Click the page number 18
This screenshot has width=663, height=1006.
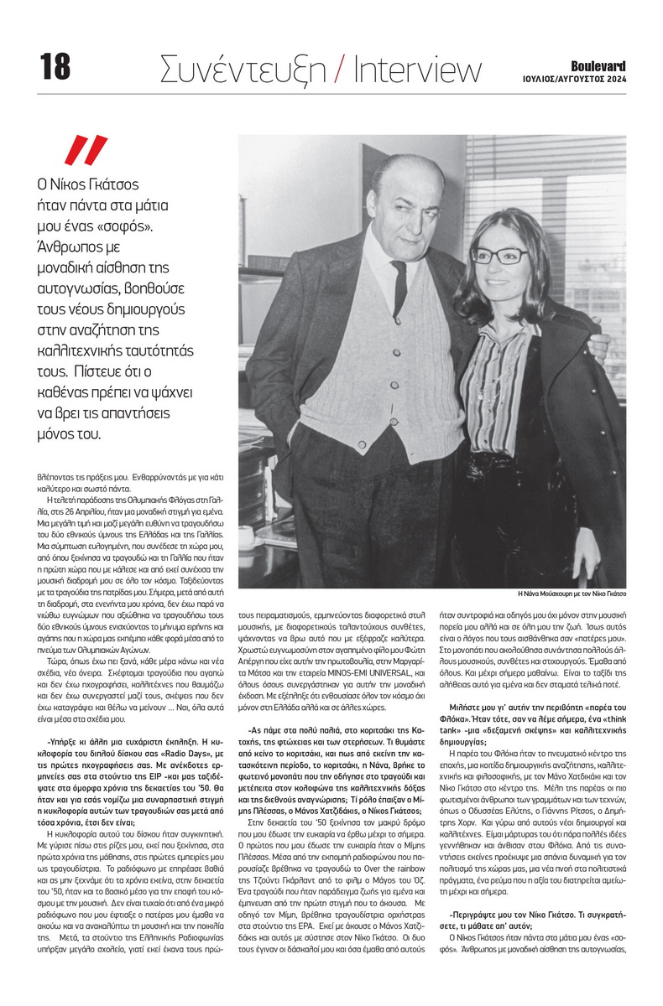(55, 67)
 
